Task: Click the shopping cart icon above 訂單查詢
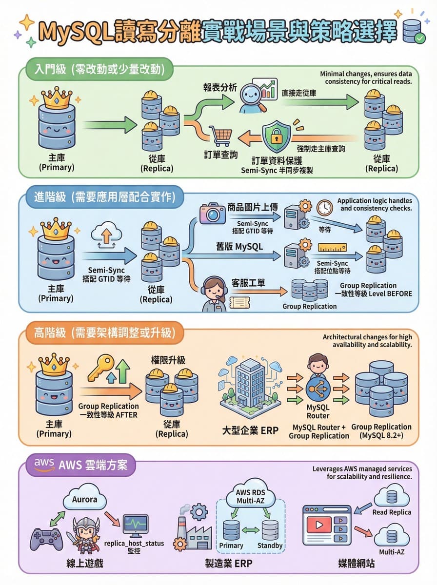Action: click(x=220, y=136)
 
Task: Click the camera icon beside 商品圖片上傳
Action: click(x=213, y=214)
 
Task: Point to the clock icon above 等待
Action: click(x=324, y=208)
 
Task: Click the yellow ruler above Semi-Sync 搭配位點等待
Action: click(x=336, y=248)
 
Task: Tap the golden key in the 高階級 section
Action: click(x=101, y=367)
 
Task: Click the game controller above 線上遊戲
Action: click(x=47, y=539)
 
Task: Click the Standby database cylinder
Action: click(x=270, y=530)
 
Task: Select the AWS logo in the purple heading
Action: click(x=44, y=463)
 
